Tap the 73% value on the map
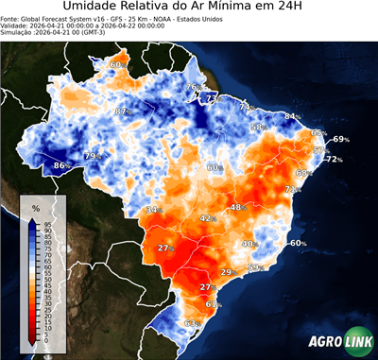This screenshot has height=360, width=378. pyautogui.click(x=213, y=98)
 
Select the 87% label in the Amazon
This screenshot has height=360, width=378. pyautogui.click(x=121, y=111)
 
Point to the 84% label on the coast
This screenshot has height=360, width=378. pyautogui.click(x=292, y=117)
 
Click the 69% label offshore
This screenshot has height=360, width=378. pyautogui.click(x=340, y=139)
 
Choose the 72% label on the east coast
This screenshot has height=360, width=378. pyautogui.click(x=334, y=160)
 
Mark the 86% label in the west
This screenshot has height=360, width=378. pyautogui.click(x=60, y=165)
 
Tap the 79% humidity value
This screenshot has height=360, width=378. pyautogui.click(x=93, y=155)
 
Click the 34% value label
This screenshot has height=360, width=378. pyautogui.click(x=152, y=209)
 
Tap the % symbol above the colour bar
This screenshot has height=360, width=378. pyautogui.click(x=35, y=207)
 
